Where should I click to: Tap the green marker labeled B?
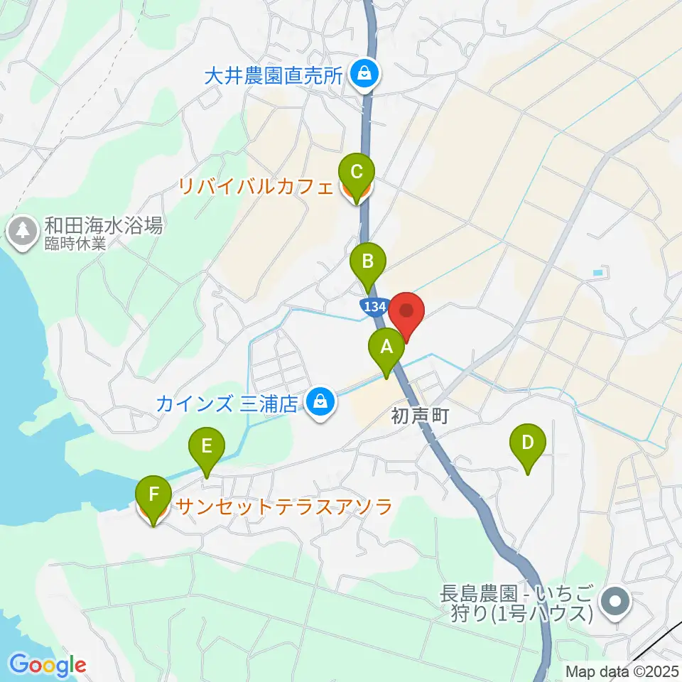[368, 262]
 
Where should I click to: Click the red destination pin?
[406, 313]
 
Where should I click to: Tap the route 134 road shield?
[372, 307]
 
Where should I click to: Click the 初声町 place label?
[420, 416]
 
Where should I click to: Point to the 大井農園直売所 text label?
[273, 75]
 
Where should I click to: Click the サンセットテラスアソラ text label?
[284, 507]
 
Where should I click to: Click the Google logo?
[48, 665]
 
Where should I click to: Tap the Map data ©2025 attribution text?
[622, 671]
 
